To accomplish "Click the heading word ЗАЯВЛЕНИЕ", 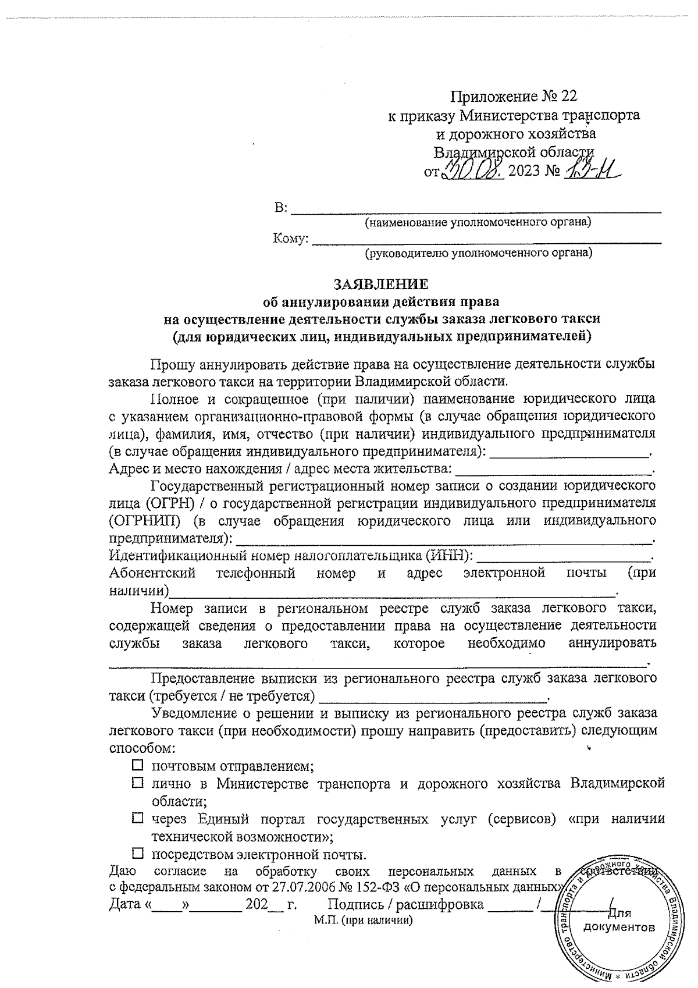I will tap(380, 284).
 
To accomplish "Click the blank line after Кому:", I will tap(486, 239).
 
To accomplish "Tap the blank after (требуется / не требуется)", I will tap(433, 696).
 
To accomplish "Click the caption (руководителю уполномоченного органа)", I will tap(478, 253).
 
